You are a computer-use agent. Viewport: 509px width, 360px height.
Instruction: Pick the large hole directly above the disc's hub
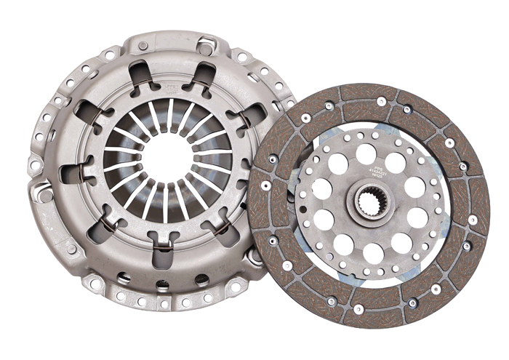tap(367, 154)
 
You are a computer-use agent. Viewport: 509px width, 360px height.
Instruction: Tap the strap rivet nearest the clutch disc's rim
tap(255, 257)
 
